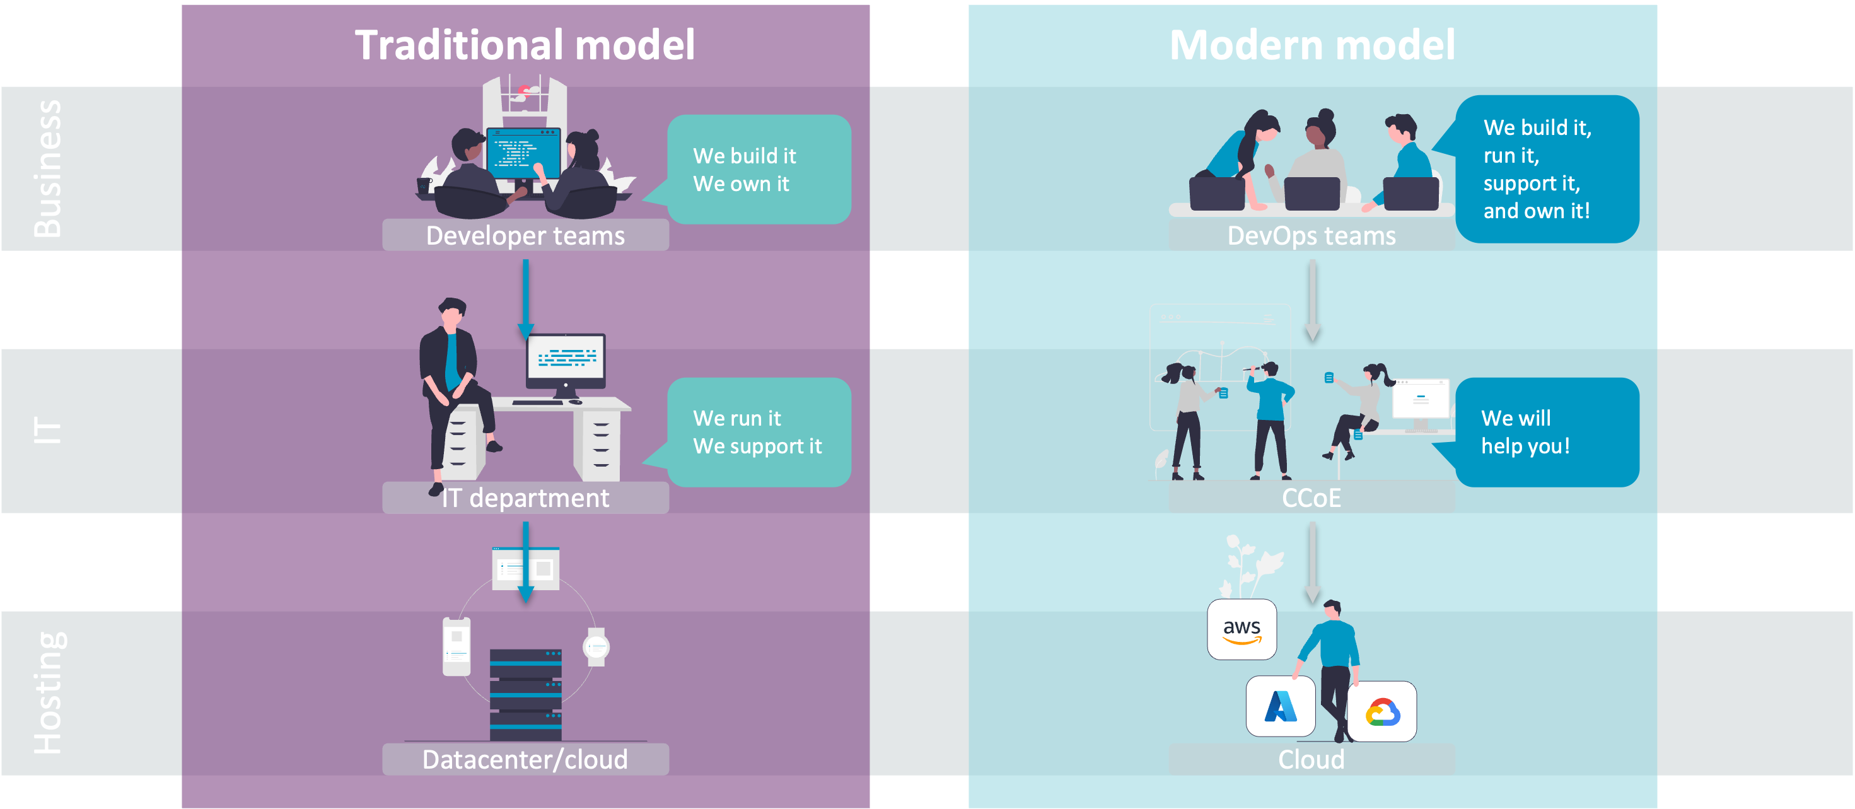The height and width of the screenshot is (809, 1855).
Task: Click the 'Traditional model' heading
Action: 525,45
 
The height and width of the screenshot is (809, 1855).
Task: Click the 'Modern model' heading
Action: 1312,45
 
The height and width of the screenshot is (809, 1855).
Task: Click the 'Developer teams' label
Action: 525,236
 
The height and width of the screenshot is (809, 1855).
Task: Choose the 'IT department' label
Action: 525,498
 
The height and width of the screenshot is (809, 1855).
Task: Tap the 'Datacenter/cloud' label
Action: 525,759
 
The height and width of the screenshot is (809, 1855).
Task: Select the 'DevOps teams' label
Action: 1311,236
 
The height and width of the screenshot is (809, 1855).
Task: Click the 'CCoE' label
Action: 1311,498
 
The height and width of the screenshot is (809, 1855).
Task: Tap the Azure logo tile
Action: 1281,706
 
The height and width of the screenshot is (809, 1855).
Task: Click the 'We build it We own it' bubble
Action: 759,169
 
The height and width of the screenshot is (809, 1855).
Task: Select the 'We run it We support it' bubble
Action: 759,432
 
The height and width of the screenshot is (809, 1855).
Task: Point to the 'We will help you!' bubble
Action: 1546,432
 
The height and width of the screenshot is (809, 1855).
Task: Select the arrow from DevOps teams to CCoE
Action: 1313,299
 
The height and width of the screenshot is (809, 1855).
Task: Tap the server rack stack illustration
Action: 526,694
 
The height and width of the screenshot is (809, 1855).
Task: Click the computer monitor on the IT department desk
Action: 566,358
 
